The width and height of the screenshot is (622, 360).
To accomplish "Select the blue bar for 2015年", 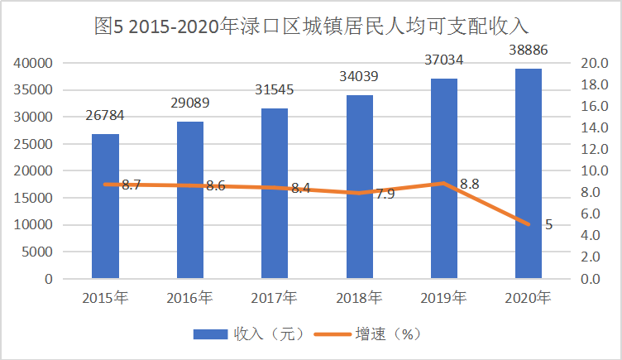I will [x=105, y=206].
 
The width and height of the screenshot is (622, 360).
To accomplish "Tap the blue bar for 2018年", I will [x=359, y=187].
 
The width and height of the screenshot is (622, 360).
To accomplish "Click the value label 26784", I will [x=105, y=115].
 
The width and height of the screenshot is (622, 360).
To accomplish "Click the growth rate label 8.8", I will [x=470, y=184].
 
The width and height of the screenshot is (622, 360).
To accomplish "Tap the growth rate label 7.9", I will [x=385, y=194].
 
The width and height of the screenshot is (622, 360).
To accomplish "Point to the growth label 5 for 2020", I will [x=548, y=224].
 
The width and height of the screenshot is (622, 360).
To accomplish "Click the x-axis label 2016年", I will [x=189, y=297].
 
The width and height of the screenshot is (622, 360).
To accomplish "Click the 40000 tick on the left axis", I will [x=34, y=63].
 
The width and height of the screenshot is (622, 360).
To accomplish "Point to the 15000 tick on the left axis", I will [x=34, y=198].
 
